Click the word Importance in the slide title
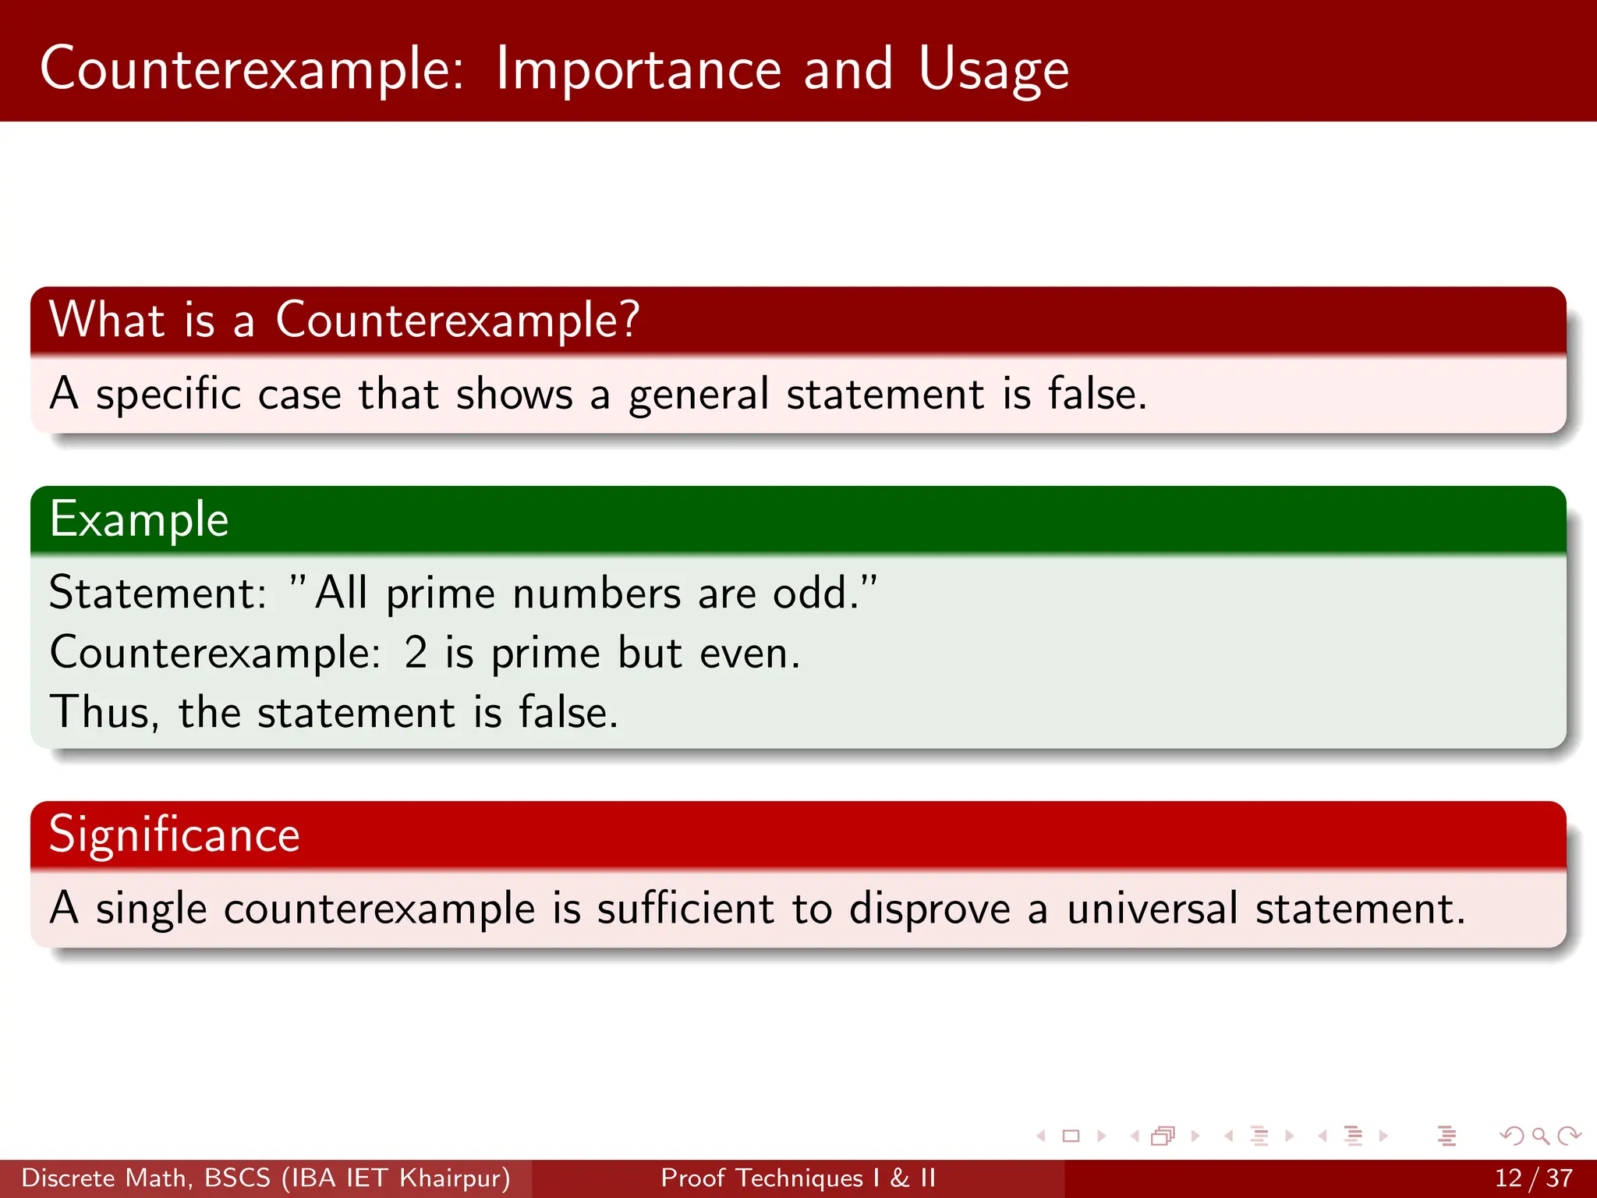click(638, 70)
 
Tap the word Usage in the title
click(993, 70)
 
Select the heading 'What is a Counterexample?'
click(344, 320)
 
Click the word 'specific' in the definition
click(168, 394)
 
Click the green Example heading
click(139, 519)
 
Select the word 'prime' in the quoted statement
click(440, 594)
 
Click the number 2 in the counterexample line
click(416, 653)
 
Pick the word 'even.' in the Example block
click(749, 653)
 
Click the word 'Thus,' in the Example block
click(104, 713)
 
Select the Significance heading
click(174, 835)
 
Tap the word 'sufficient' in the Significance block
click(685, 909)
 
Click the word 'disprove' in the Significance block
click(929, 909)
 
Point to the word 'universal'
click(1152, 909)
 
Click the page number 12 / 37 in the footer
click(1533, 1178)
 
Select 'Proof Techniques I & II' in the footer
click(798, 1178)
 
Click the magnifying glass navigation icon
click(1540, 1136)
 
